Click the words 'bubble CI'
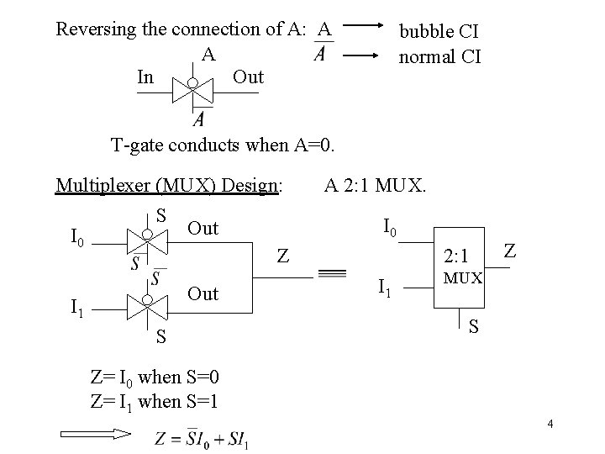439,32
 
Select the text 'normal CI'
439,57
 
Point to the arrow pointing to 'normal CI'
363,57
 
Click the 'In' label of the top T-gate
145,77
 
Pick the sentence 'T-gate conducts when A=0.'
224,145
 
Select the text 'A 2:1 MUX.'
376,185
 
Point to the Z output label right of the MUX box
511,250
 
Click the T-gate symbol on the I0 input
147,241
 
